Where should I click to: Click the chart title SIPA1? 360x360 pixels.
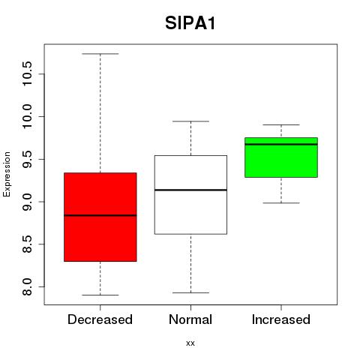[190, 23]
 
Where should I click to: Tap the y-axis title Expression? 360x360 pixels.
[7, 174]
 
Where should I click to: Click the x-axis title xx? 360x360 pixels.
[190, 343]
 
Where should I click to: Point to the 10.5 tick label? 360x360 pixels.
[27, 74]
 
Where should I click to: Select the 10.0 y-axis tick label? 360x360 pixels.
[27, 116]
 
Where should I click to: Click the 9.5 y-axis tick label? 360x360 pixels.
[27, 159]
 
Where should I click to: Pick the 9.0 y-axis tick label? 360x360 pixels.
[27, 202]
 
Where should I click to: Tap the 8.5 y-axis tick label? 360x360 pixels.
[27, 244]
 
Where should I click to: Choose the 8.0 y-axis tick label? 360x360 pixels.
[27, 286]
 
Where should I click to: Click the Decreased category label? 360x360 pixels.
[100, 319]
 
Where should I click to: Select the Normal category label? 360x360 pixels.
[190, 319]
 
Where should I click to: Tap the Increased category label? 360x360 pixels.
[281, 319]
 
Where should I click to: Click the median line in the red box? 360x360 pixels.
[100, 215]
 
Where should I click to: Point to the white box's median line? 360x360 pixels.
[190, 190]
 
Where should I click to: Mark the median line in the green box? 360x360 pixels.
[281, 144]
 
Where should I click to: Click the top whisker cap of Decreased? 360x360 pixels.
[100, 54]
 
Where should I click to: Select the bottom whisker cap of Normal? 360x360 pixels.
[190, 292]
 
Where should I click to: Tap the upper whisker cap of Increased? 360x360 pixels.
[281, 124]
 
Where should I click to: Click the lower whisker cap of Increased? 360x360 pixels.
[281, 203]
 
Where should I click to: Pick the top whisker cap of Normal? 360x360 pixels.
[190, 121]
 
